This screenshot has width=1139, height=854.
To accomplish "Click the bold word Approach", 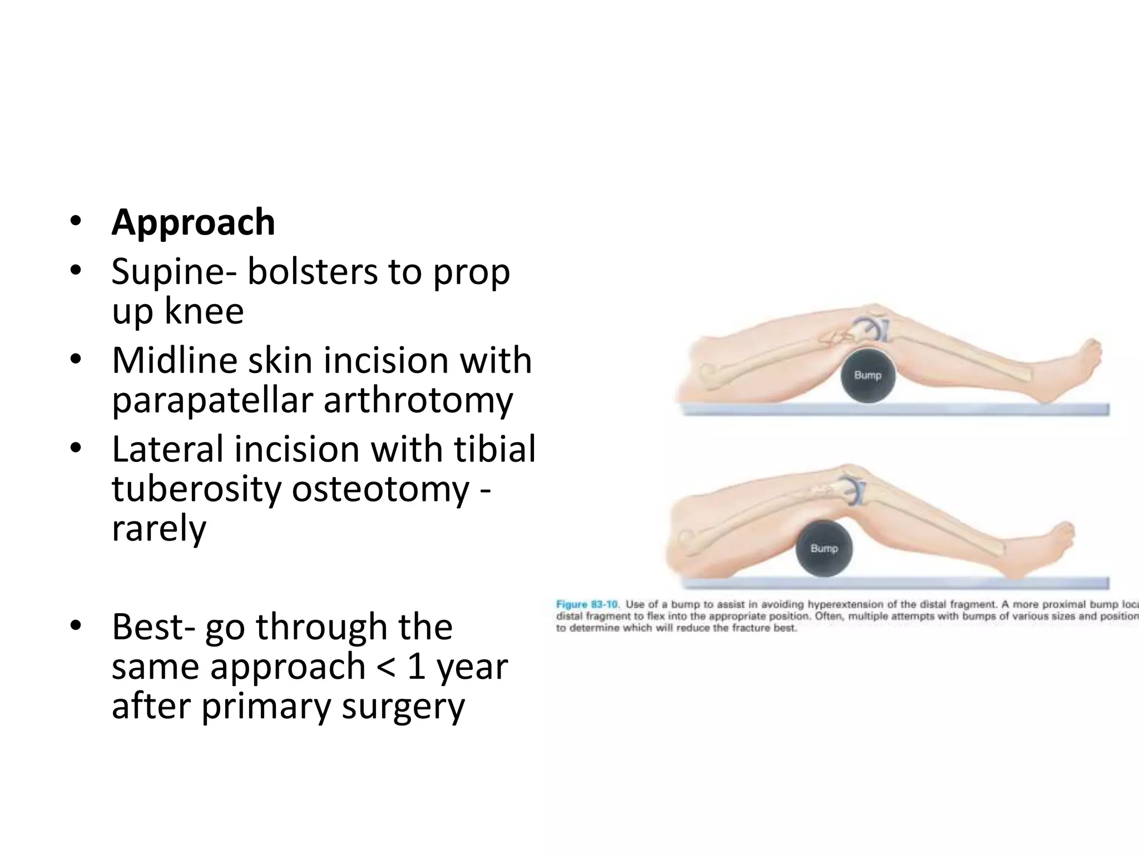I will pos(193,222).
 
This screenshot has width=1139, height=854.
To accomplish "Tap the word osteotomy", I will pos(380,490).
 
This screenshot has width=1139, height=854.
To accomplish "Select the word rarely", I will pos(159,529).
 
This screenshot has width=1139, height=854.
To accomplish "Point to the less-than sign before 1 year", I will pos(386,666).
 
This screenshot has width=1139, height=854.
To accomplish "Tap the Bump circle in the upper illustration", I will pos(868,375).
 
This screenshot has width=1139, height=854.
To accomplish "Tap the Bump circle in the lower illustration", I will pos(824,548).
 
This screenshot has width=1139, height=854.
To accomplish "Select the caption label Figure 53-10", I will pos(587,604).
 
